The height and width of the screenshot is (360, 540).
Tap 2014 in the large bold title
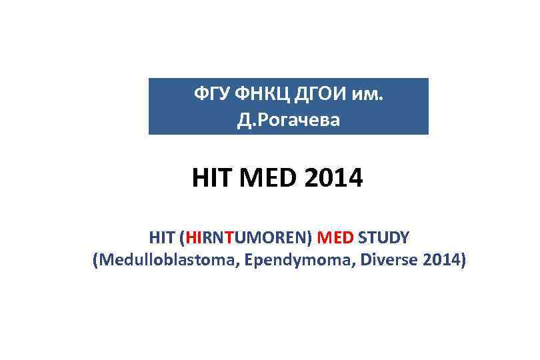coord(331,178)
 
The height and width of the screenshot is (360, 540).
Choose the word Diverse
coord(379,259)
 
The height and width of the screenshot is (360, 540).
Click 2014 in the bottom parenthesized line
coord(439,259)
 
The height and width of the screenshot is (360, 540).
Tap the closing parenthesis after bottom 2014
coord(462,259)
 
